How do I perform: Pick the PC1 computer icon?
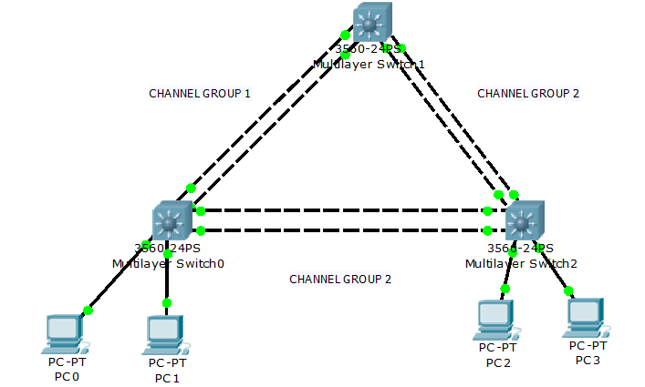tap(165, 335)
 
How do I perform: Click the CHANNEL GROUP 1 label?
tap(199, 94)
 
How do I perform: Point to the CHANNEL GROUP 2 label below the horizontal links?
tap(339, 279)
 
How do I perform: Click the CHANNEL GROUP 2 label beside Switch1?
tap(527, 93)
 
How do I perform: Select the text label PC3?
tap(588, 360)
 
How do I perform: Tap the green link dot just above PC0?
tap(88, 311)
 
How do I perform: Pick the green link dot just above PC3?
tap(568, 291)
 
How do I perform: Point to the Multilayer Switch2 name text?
tap(521, 263)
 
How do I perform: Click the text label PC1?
tap(167, 377)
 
